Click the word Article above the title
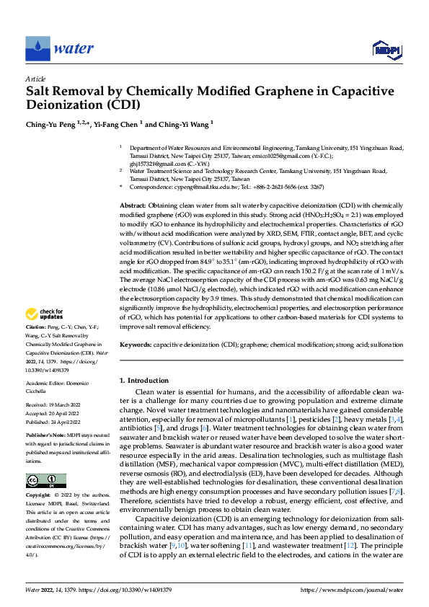click(x=35, y=79)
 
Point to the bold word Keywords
click(x=136, y=345)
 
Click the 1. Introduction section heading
click(x=143, y=380)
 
